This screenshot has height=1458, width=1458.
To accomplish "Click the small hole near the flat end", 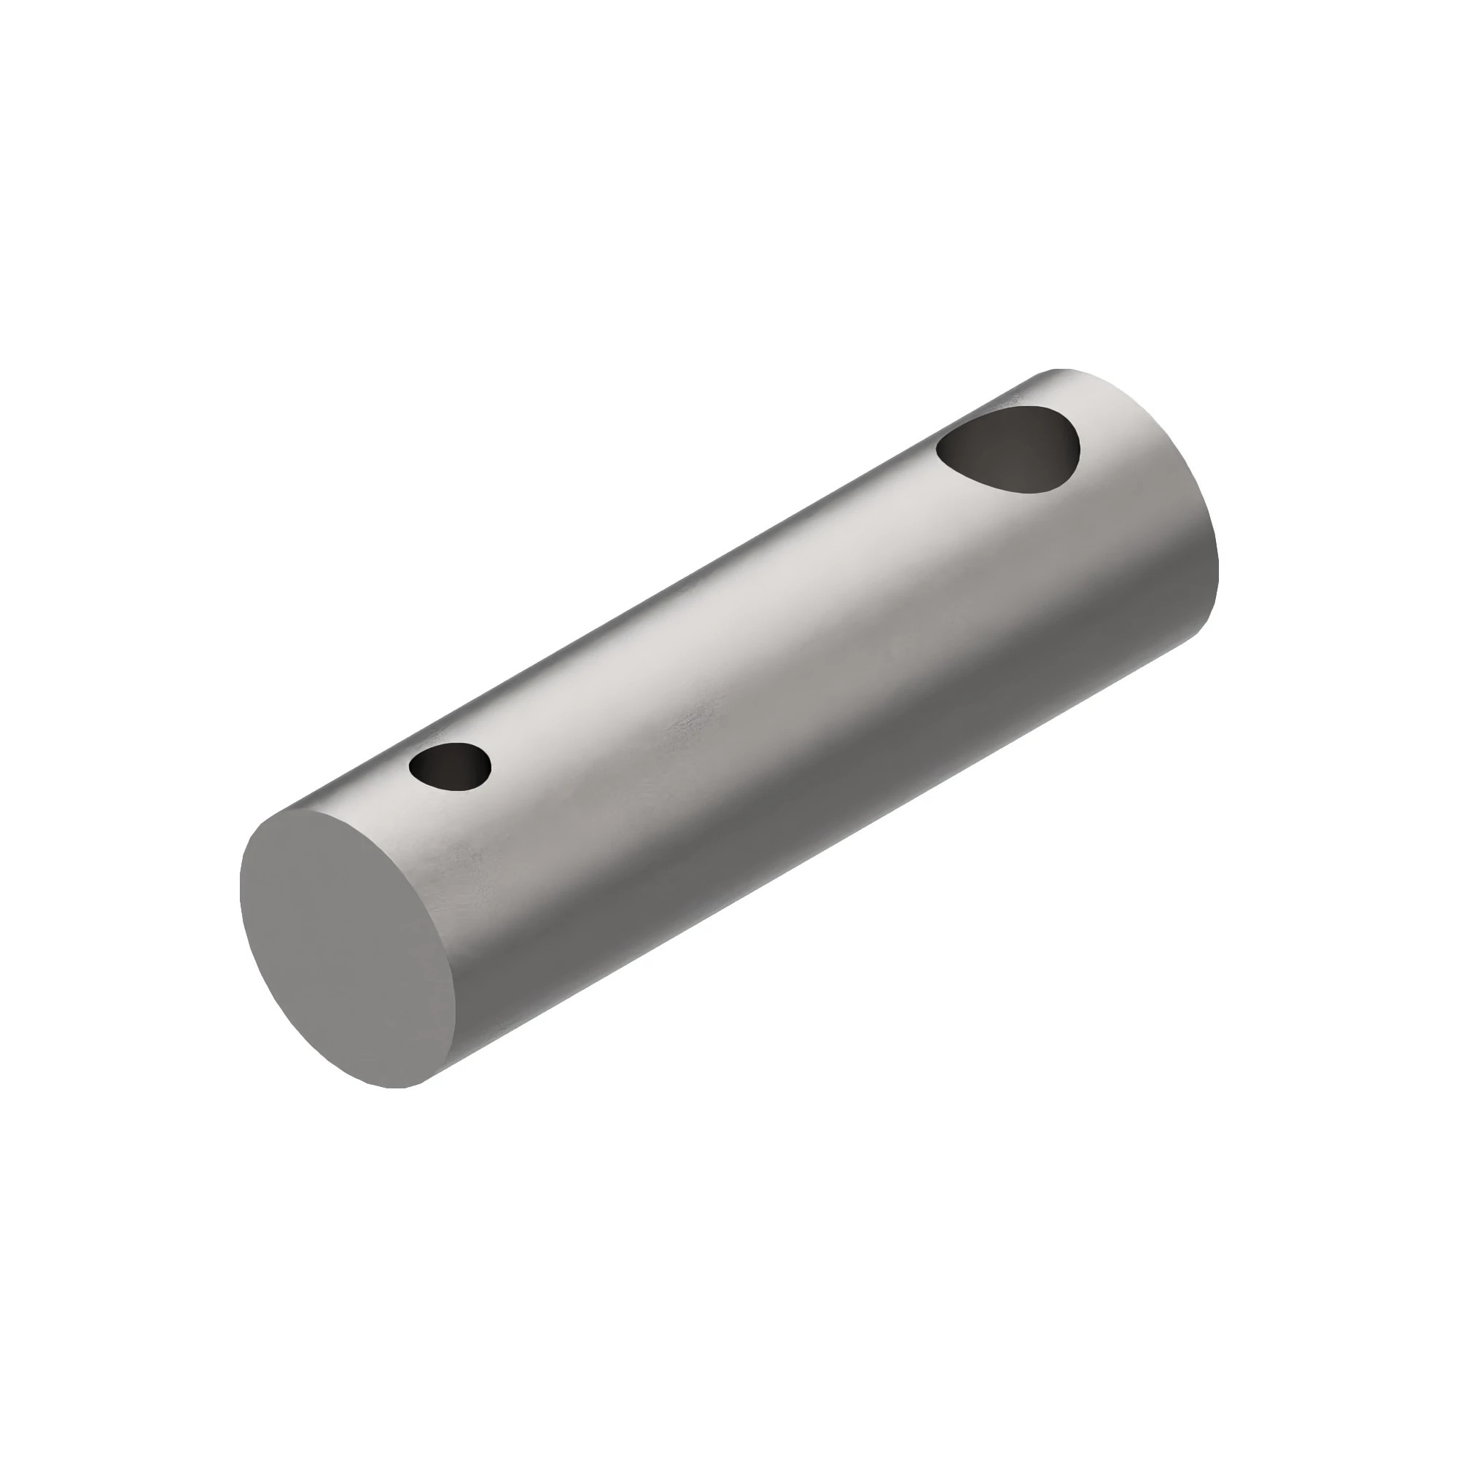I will [x=450, y=766].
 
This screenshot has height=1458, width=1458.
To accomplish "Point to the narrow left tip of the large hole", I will [x=938, y=451].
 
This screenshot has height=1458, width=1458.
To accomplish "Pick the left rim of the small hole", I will [x=410, y=768].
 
